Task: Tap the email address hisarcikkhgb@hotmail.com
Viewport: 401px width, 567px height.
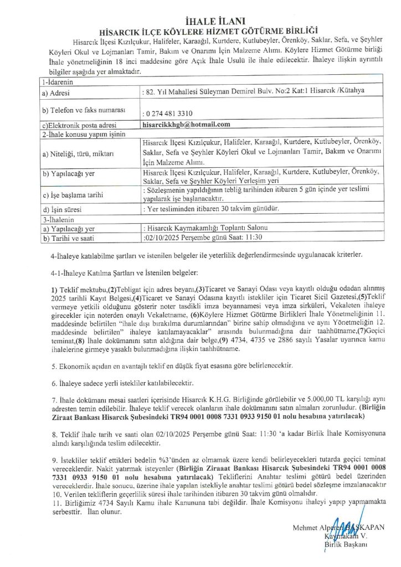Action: point(186,125)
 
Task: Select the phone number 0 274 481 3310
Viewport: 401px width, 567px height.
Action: point(168,114)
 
